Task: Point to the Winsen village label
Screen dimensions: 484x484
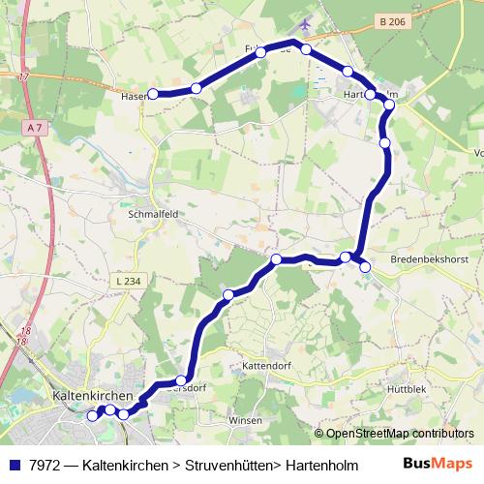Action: tap(245, 421)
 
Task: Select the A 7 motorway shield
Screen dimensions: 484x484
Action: tap(36, 127)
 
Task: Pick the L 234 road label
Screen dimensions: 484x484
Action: tap(128, 281)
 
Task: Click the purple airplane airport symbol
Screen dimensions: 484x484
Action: tap(307, 22)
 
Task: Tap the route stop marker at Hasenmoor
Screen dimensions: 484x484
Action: tap(153, 94)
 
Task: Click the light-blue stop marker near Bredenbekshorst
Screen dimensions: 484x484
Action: tap(366, 266)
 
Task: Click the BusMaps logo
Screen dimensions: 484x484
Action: tap(439, 464)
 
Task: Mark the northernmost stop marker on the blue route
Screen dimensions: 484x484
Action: tap(306, 48)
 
